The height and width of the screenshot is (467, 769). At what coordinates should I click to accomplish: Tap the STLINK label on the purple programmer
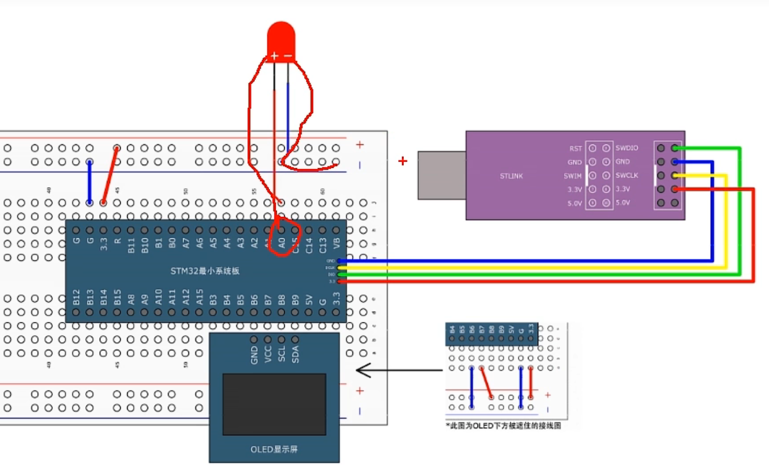(511, 176)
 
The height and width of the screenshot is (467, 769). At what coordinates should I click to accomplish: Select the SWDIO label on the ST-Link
(627, 148)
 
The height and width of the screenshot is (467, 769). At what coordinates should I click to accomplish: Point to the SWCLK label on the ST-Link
(627, 175)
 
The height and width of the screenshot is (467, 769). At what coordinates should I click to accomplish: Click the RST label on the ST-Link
(575, 148)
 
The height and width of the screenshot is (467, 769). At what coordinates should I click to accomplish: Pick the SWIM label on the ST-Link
(572, 176)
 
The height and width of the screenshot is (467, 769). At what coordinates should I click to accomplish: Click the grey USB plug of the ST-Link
(441, 175)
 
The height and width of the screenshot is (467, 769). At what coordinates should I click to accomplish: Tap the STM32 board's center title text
(205, 271)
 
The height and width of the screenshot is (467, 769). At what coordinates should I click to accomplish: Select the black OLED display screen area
(274, 404)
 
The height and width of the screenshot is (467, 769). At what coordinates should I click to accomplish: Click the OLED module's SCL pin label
(281, 354)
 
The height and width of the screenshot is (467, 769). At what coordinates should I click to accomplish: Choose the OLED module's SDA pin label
(295, 354)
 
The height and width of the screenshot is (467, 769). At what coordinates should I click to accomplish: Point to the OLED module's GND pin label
(254, 355)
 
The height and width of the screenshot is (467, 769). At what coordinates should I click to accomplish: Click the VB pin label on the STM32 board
(336, 243)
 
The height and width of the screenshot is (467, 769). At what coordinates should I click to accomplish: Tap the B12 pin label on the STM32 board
(76, 297)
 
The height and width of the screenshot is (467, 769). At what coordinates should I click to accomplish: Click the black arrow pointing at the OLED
(397, 370)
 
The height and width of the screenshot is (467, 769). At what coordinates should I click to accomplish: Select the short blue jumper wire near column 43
(89, 182)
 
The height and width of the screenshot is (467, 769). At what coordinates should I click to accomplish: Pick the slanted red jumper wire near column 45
(110, 175)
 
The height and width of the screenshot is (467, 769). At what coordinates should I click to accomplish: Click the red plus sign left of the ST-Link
(402, 161)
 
